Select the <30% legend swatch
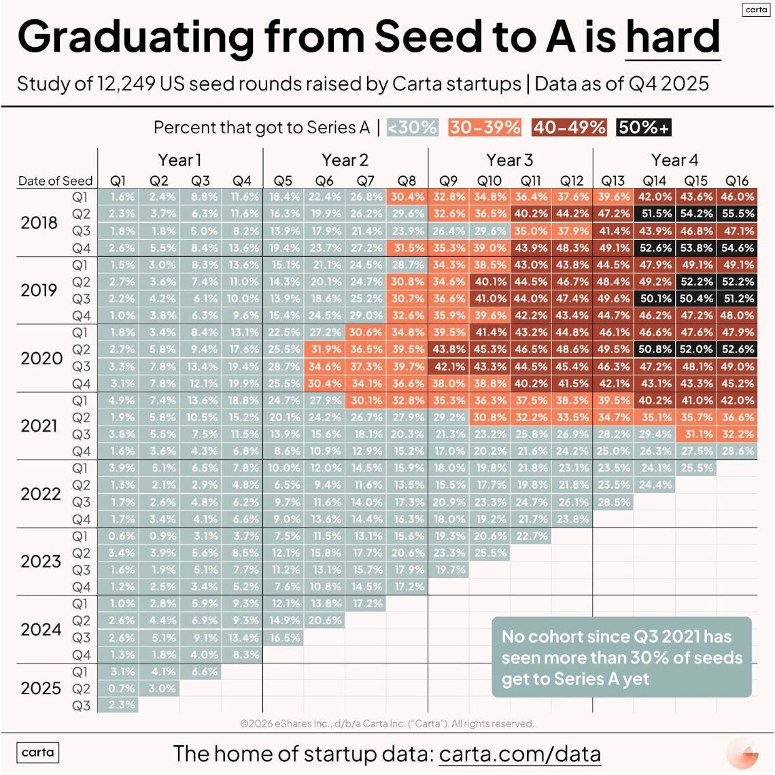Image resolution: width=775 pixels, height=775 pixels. pyautogui.click(x=413, y=127)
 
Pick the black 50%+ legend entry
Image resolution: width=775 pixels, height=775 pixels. pyautogui.click(x=644, y=127)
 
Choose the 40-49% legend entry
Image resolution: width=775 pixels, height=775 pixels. pyautogui.click(x=569, y=127)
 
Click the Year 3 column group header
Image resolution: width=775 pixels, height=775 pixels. pyautogui.click(x=510, y=160)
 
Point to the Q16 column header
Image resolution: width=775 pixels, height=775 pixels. pyautogui.click(x=737, y=181)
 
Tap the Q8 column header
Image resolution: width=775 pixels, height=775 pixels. pyautogui.click(x=407, y=181)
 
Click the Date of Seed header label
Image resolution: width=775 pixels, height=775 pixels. pyautogui.click(x=55, y=181)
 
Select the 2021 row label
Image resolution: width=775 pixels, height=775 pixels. pyautogui.click(x=39, y=426)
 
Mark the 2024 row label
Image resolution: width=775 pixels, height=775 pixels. pyautogui.click(x=41, y=630)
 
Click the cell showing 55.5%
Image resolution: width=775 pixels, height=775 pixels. pyautogui.click(x=738, y=213)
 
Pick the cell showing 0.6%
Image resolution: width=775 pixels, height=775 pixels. pyautogui.click(x=122, y=536)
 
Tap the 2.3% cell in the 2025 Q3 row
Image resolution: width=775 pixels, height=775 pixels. pyautogui.click(x=122, y=705)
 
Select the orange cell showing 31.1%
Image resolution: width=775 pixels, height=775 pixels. pyautogui.click(x=696, y=434)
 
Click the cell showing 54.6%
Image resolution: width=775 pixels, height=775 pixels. pyautogui.click(x=738, y=247)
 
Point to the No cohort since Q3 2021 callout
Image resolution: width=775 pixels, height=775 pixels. pyautogui.click(x=621, y=657)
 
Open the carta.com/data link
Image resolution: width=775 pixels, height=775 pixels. pyautogui.click(x=520, y=753)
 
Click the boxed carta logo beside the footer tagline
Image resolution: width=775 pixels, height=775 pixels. pyautogui.click(x=38, y=753)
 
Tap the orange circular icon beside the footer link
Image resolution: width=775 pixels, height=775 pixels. pyautogui.click(x=742, y=755)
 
